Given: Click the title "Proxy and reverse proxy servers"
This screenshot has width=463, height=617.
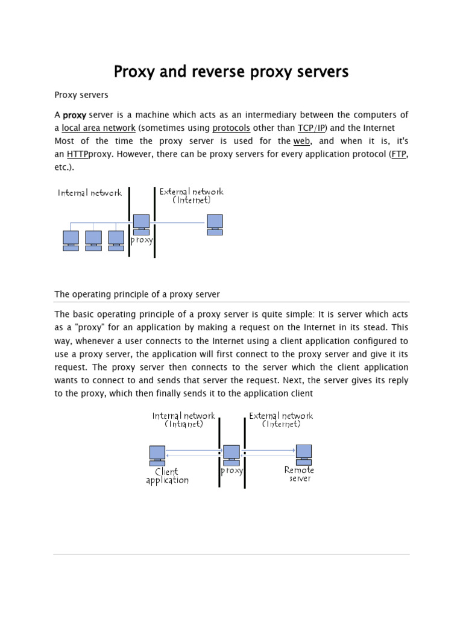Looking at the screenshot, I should [231, 72].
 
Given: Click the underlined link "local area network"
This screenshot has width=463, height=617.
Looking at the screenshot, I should [98, 128].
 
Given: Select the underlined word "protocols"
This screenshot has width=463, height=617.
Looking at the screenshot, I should [231, 128].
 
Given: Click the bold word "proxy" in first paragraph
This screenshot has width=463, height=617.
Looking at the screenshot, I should [75, 115].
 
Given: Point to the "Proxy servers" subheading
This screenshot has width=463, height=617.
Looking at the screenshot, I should [81, 95].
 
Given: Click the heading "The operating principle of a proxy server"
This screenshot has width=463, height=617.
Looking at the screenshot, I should [137, 294].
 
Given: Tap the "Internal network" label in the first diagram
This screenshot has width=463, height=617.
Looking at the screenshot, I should [90, 193].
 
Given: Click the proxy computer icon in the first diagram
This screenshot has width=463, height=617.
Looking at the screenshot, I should [142, 224].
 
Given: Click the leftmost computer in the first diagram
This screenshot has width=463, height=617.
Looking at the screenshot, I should [71, 240].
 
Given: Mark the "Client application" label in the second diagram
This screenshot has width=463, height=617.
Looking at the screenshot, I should [167, 476].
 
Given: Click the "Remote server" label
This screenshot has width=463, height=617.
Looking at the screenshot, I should [299, 474].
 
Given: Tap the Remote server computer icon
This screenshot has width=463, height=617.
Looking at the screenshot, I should [303, 453].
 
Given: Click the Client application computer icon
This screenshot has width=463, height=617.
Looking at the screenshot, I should [157, 455].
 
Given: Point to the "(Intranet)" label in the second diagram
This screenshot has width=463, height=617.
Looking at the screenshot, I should [184, 424].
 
